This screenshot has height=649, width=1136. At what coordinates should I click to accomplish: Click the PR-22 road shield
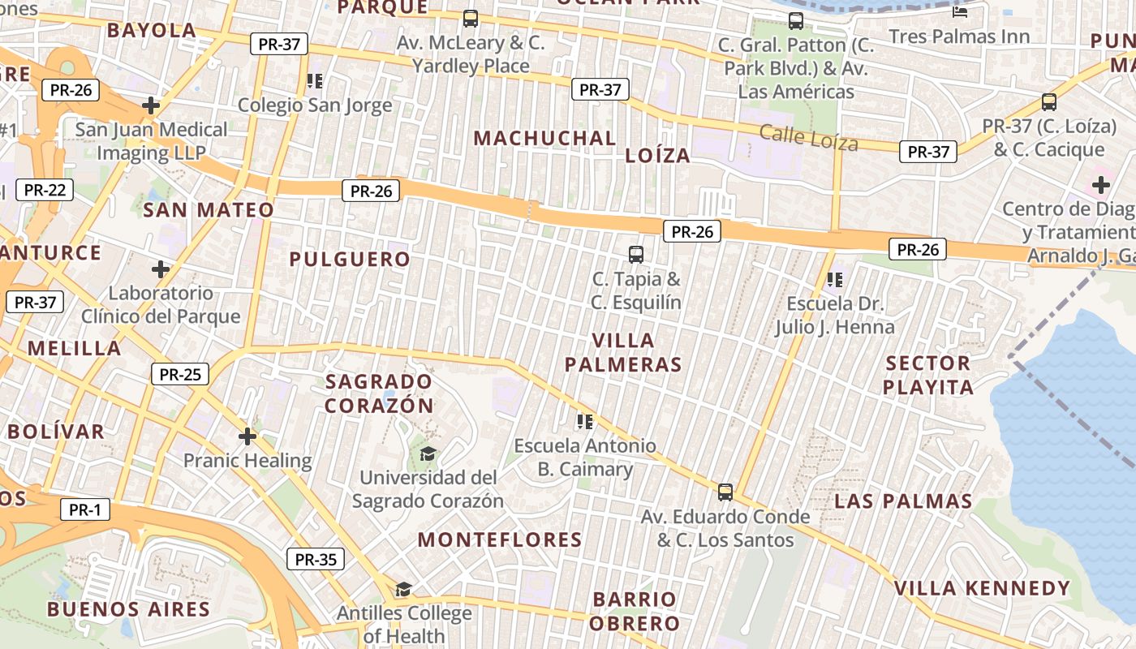45,191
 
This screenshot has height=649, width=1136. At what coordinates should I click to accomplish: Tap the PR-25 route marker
180,374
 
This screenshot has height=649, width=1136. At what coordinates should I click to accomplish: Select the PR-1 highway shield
84,510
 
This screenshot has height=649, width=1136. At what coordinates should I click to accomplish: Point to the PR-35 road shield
316,559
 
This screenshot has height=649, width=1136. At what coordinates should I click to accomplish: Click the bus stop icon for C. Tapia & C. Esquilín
636,255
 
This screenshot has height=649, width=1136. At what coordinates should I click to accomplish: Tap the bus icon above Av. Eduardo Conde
725,492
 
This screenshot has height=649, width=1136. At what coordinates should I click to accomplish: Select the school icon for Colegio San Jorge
315,81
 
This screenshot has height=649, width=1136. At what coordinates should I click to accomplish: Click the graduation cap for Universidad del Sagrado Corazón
428,453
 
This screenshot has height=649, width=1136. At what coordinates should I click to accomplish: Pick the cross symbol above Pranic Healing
247,436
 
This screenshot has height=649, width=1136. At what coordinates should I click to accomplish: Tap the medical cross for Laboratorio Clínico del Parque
161,269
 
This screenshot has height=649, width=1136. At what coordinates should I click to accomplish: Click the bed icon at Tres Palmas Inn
959,12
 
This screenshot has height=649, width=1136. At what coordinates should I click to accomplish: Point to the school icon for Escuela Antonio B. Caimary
584,422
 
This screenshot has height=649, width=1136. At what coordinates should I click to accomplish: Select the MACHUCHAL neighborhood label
544,138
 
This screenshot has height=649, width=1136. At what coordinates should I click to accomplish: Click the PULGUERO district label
350,260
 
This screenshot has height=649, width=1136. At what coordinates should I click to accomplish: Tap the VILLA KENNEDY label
982,588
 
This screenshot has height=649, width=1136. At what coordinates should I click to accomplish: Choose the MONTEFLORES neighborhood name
500,539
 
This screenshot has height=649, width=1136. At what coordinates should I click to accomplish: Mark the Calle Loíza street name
808,138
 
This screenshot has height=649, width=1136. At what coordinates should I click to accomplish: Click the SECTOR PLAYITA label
928,375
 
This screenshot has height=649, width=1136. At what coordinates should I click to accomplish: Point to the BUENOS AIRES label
128,609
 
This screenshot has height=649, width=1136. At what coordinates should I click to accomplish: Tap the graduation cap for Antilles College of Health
403,589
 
